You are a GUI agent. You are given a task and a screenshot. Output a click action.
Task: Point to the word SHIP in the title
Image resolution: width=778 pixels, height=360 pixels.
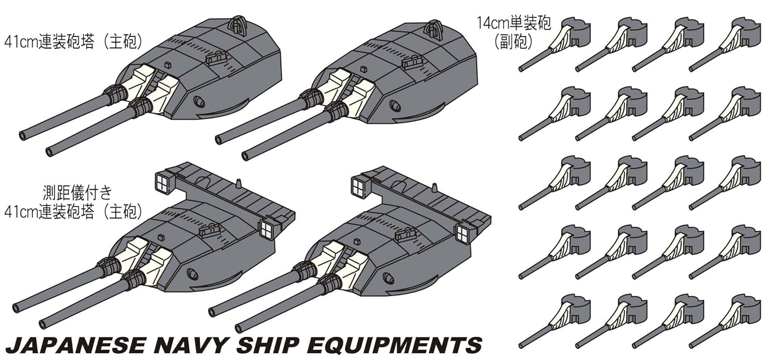(x=268, y=345)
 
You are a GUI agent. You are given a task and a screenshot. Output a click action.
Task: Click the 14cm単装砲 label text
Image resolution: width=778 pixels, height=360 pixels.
(x=513, y=23)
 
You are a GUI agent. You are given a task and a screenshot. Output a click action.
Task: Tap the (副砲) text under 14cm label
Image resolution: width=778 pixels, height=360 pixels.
(x=513, y=41)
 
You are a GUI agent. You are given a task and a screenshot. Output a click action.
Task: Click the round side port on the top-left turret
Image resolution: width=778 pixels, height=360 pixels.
(x=199, y=101)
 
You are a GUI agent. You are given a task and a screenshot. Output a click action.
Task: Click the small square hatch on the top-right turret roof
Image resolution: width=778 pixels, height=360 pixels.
(x=363, y=69)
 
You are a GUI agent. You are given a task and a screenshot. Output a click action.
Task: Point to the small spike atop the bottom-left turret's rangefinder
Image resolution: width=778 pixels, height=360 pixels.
(x=238, y=184)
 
